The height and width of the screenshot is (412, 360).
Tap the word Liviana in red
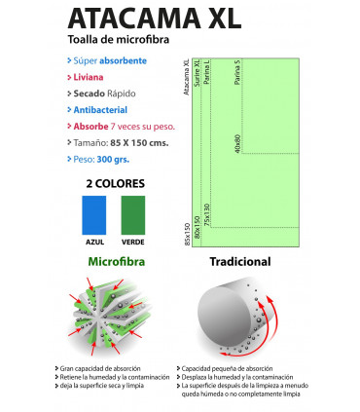pos(89,76)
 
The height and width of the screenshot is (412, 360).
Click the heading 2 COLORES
pos(113,182)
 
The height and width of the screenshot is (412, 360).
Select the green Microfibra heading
pos(116,262)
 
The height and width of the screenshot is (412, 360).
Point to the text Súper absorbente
pos(108,59)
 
